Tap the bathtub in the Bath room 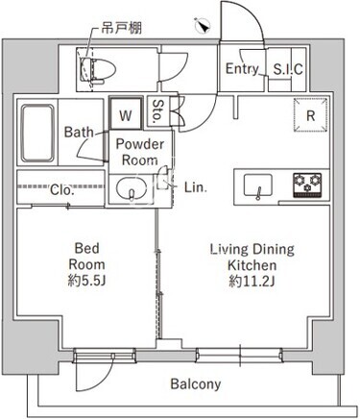coord(37,133)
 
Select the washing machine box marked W coord(126,113)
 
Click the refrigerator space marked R coord(311,115)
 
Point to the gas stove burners coord(307,185)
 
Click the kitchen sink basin coord(258,185)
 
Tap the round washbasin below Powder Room coord(132,189)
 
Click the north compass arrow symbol coord(203,26)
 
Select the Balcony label coord(196,383)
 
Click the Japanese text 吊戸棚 coord(122,29)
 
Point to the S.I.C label coord(288,69)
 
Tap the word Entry coord(242,69)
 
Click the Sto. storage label coord(157,111)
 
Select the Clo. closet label coord(62,190)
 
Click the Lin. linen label coord(196,187)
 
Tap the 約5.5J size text coord(86,281)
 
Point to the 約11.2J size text coord(252,282)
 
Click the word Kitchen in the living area coord(252,265)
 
